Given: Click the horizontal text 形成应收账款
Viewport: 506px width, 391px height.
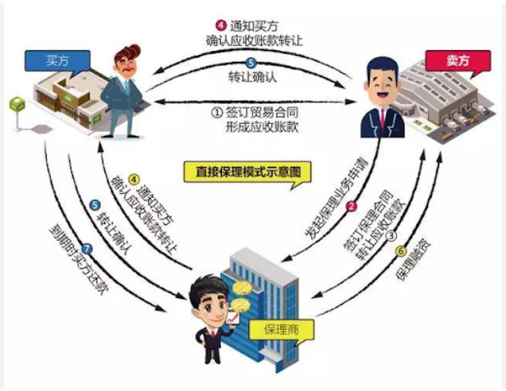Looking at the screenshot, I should [254, 127].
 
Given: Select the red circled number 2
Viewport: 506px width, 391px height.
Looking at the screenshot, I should [351, 206].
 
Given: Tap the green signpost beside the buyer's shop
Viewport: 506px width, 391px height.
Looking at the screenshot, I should [16, 106].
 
